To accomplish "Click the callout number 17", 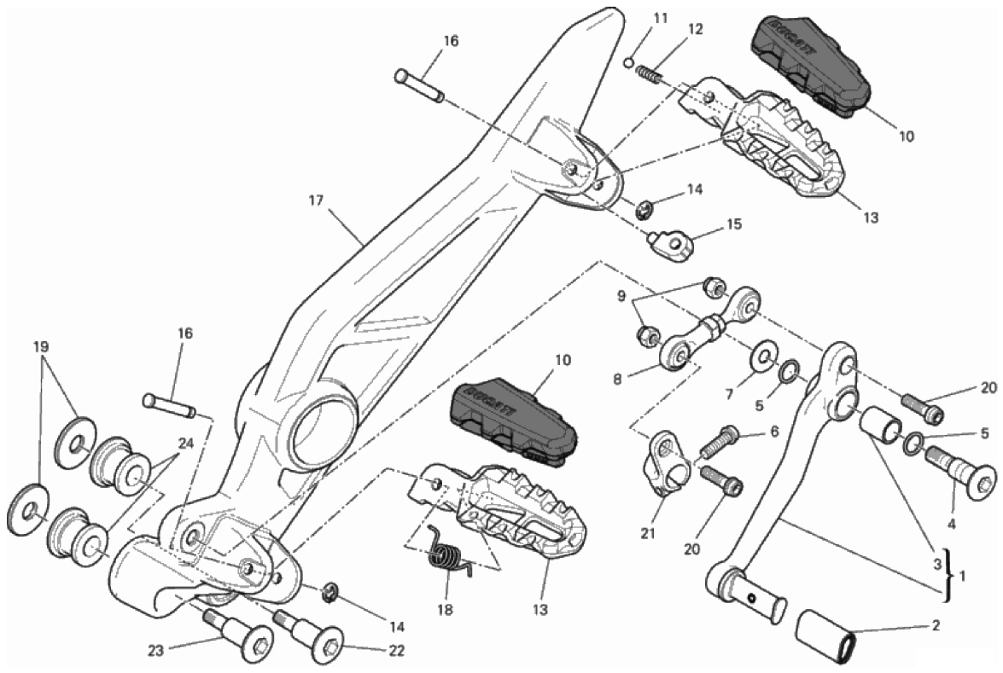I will click(x=317, y=201).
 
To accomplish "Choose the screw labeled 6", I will click(x=720, y=442).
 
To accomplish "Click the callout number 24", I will click(x=186, y=443).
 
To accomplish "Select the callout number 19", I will click(x=41, y=347).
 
